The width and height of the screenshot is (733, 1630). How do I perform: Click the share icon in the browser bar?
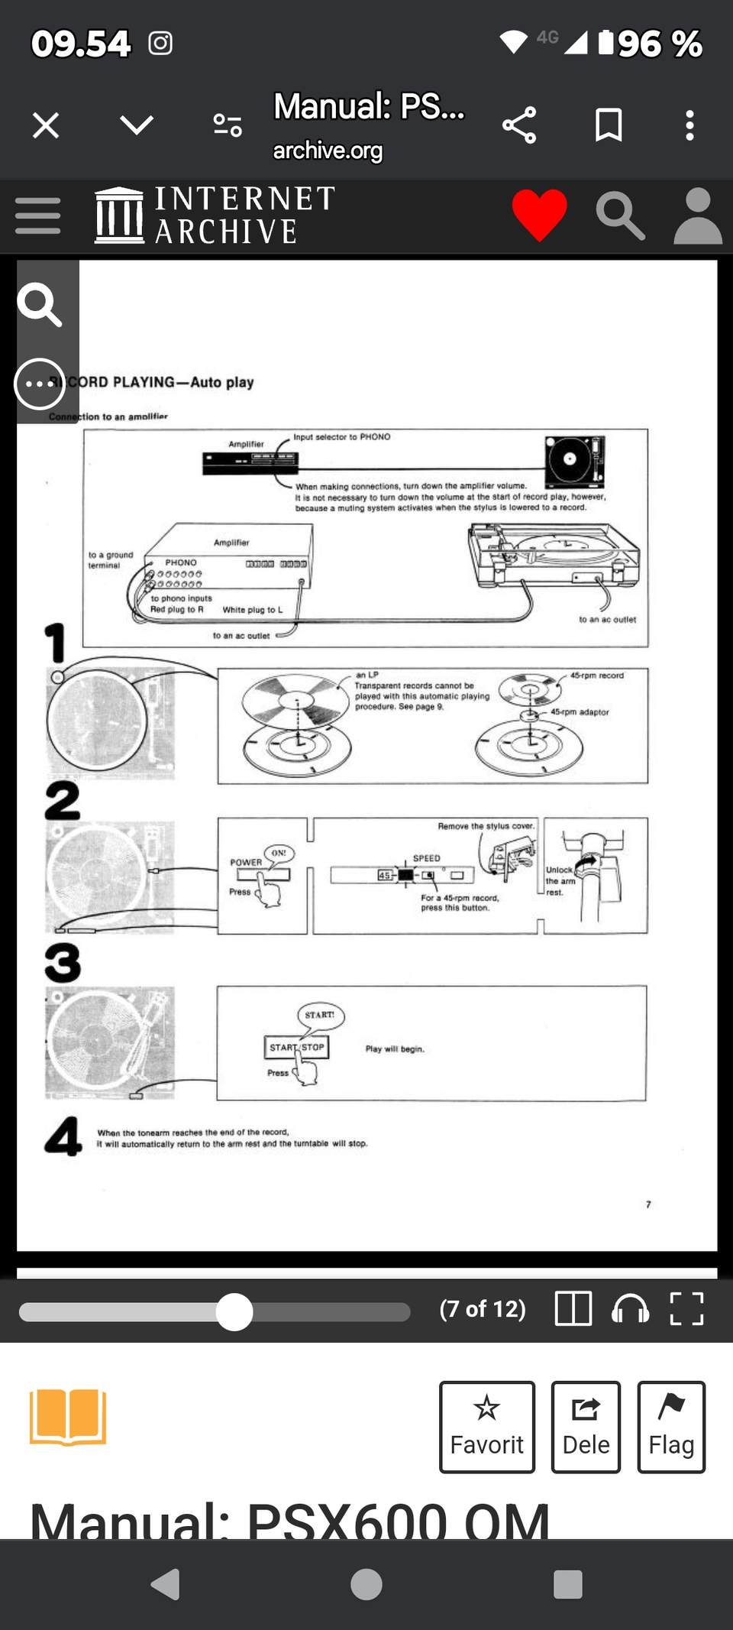point(519,125)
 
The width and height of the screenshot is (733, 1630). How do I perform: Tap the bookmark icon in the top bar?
point(609,125)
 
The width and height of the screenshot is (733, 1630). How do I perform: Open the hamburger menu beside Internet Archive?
point(37,215)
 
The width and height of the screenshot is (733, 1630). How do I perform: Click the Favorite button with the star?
point(486,1426)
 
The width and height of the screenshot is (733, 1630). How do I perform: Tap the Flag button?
point(670,1426)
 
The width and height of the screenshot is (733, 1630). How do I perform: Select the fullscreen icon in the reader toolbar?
point(686,1308)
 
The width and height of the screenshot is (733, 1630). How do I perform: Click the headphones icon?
point(630,1308)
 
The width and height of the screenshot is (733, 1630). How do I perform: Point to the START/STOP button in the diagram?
point(297,1047)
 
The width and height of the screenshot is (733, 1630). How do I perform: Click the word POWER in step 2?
point(246,863)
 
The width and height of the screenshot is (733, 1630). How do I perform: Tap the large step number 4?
point(63,1136)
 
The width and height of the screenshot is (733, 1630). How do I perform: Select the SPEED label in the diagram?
point(426,858)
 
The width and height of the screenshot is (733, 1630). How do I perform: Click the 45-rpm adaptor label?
point(580,712)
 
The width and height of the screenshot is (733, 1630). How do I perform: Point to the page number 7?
point(648,1204)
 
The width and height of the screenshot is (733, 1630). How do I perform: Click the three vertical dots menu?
point(689,125)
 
